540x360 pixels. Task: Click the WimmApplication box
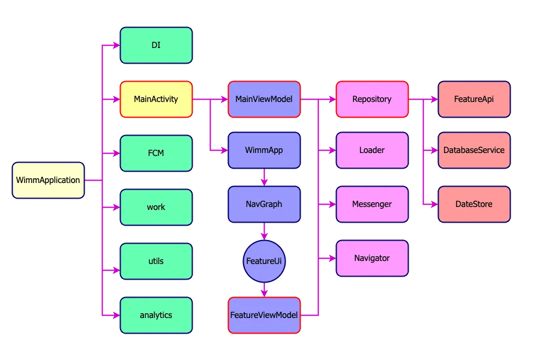point(48,180)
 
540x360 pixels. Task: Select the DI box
point(156,45)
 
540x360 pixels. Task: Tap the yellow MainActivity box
point(156,99)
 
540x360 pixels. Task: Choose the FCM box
point(156,153)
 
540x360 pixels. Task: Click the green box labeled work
point(156,207)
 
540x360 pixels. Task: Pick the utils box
point(156,261)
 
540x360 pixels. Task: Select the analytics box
point(156,315)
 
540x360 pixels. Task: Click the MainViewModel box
point(264,99)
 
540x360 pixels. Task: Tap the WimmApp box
point(264,150)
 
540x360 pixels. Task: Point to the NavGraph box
point(264,204)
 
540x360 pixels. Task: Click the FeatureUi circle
point(264,261)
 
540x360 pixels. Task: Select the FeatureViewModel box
point(264,315)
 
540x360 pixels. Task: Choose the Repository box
point(372,99)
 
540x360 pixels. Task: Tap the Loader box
point(372,150)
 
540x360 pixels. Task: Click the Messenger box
point(372,204)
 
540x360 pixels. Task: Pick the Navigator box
point(372,258)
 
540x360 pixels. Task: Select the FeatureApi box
point(474,99)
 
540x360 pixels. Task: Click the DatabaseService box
point(474,150)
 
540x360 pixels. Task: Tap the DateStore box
point(474,204)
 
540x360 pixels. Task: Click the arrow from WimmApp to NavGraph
point(264,177)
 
